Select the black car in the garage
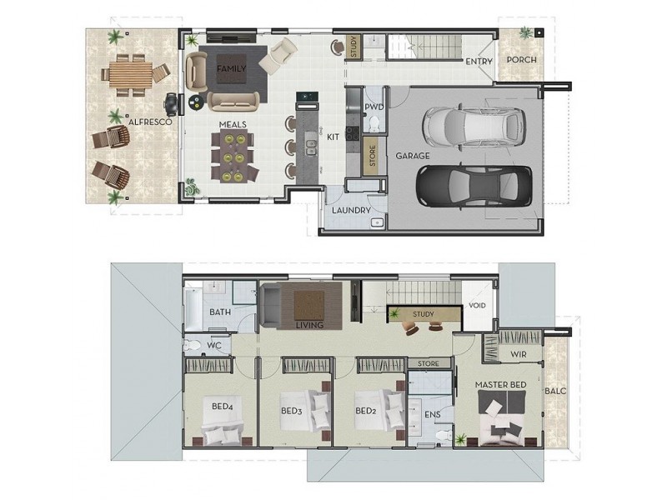tap(473, 185)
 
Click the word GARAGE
tap(413, 156)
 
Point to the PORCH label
tap(522, 61)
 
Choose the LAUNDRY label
tap(350, 210)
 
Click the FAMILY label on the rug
tap(231, 68)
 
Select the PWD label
tap(374, 107)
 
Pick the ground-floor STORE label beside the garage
tap(373, 154)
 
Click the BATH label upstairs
tap(220, 312)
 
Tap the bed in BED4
tap(223, 432)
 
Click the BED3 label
tap(291, 410)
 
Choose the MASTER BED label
tap(500, 385)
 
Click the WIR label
tap(518, 353)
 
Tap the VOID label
tap(478, 306)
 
